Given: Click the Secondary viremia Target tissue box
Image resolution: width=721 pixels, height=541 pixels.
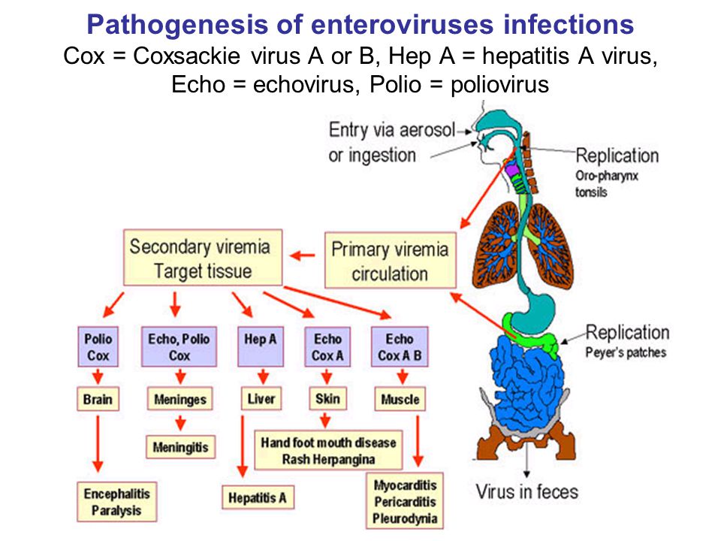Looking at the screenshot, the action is coord(203,258).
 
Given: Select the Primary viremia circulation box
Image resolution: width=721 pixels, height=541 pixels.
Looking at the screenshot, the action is coord(391,261).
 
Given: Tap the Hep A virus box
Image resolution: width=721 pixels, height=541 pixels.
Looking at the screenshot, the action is coord(261,346).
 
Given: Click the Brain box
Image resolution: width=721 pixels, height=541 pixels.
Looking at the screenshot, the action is coord(98,399).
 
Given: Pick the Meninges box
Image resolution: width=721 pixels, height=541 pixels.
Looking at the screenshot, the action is coord(180,399).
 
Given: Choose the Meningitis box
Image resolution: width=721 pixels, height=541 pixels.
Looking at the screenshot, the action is coord(181,446).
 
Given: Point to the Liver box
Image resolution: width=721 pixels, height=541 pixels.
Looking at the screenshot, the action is coord(261,398).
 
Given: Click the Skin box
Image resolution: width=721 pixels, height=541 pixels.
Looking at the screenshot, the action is coord(327,398).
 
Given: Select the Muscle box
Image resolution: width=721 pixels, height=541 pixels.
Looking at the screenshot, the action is coord(400,399).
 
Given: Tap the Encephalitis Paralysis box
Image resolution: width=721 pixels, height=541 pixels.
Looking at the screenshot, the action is coord(117,502).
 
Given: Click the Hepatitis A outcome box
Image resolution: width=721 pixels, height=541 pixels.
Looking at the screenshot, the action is coord(258,497).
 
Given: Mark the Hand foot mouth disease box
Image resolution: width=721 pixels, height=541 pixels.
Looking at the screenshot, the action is coord(328,450).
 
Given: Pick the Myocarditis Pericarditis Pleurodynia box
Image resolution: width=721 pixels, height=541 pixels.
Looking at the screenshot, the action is coord(405,501).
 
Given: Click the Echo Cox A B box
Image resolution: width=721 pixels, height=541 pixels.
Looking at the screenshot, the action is coord(400,347).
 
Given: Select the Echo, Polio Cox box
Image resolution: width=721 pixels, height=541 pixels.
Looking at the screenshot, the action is coord(179,347).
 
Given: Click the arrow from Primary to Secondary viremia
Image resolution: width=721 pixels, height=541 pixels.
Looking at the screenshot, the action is coord(303,255).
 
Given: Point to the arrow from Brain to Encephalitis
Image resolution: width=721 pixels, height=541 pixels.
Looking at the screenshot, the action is coord(98,444).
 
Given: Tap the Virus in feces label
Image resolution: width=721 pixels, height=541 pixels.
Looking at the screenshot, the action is coord(527,491).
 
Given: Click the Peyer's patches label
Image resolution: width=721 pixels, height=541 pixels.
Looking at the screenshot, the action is coord(626,352).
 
